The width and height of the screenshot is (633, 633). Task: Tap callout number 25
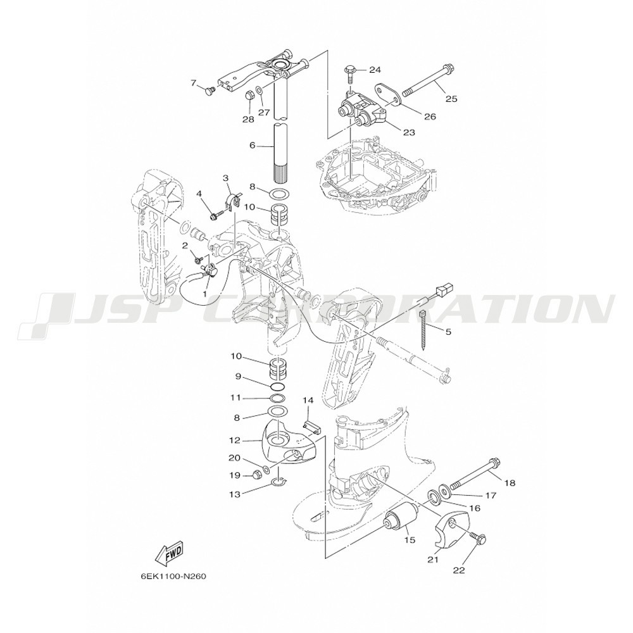point(451,99)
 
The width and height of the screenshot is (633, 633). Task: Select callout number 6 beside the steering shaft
point(253,145)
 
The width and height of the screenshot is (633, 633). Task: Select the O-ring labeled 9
point(279,387)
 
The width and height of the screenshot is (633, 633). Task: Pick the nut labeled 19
point(256,475)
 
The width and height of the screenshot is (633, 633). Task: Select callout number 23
point(409,132)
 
